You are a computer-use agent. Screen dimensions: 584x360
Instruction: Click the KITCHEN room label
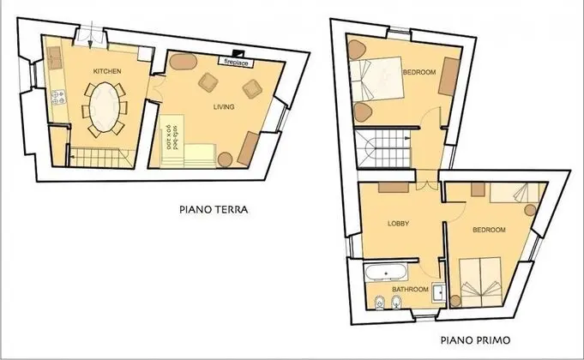[x=107, y=71]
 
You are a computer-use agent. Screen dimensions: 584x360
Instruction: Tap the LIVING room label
[x=224, y=107]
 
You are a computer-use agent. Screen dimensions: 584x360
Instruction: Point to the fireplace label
[x=236, y=63]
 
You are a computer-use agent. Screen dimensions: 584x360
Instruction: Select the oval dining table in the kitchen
[x=105, y=107]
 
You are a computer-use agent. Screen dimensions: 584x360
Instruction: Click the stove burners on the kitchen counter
[x=58, y=97]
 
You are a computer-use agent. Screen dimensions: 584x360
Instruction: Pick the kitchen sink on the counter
[x=55, y=57]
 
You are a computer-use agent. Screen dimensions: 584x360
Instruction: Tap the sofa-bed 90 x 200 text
[x=171, y=136]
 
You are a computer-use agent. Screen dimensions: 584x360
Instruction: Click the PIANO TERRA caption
[x=214, y=209]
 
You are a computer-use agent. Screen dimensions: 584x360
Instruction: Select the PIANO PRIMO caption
[x=476, y=340]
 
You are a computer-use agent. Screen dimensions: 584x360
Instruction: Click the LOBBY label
[x=399, y=224]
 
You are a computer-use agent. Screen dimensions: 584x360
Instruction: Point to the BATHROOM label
[x=410, y=289]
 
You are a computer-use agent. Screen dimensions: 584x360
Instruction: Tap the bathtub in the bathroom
[x=386, y=273]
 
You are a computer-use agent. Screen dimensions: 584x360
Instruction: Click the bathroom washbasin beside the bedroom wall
[x=439, y=292]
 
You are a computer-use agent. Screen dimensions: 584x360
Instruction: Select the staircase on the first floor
[x=382, y=148]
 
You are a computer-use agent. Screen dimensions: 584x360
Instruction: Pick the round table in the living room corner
[x=225, y=159]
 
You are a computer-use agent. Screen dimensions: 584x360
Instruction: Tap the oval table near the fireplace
[x=183, y=62]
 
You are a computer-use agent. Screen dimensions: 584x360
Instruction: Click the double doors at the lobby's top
[x=427, y=184]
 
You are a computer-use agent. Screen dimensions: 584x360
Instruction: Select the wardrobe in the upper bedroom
[x=449, y=76]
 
